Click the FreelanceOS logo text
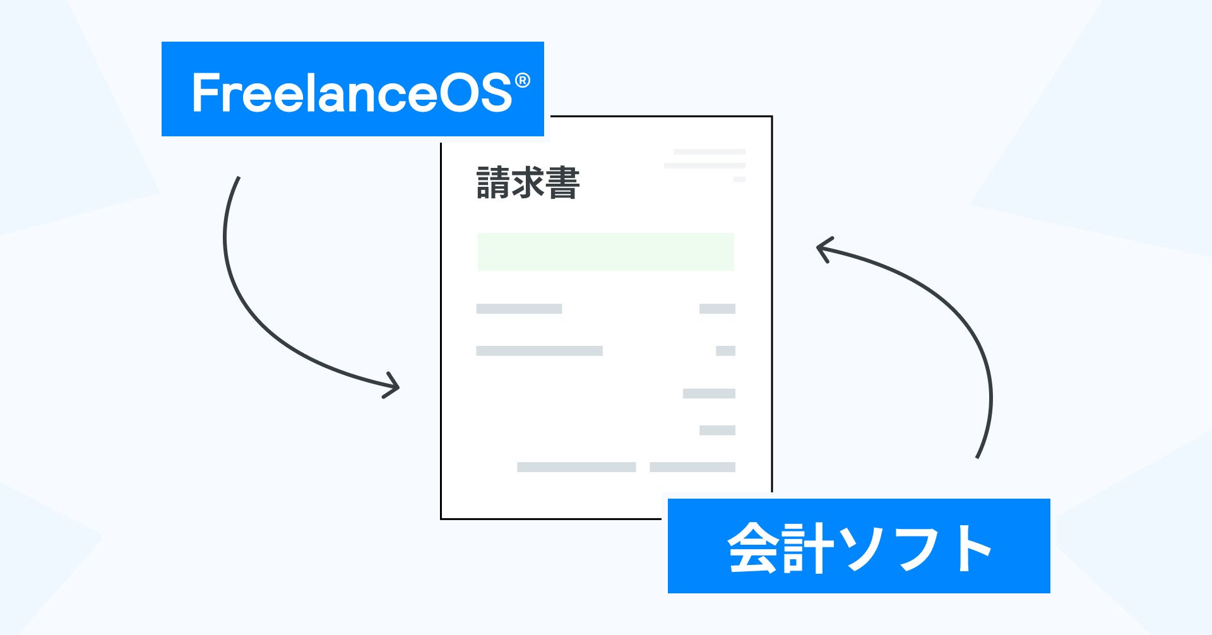(352, 93)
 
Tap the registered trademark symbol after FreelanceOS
(522, 81)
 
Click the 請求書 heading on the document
(528, 183)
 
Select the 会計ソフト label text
(858, 547)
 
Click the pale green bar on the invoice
(605, 252)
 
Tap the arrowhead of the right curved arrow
(821, 248)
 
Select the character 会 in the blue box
(752, 547)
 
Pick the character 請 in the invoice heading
(493, 183)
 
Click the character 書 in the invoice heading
(562, 183)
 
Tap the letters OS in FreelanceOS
(475, 93)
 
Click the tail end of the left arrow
(239, 179)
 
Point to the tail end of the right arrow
(977, 456)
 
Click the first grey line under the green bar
(519, 309)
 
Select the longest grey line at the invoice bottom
(576, 467)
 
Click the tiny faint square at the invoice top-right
(739, 179)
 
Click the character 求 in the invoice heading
(528, 183)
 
